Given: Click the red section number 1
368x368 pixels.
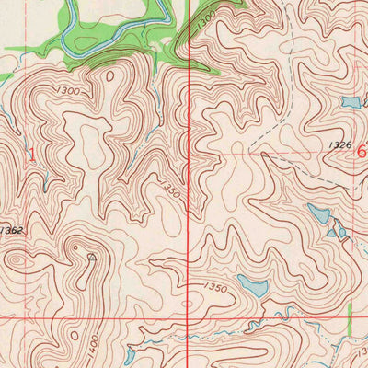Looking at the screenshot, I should (x=34, y=155).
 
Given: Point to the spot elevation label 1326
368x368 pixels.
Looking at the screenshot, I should (x=338, y=144).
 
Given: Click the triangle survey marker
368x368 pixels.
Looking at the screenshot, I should (x=91, y=258).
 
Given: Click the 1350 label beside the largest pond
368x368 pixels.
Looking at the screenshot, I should (x=214, y=288).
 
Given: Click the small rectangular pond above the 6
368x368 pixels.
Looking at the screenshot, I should (x=351, y=102).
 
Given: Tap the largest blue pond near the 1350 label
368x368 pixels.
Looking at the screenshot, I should (x=252, y=285).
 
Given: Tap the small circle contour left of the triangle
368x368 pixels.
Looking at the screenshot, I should (x=75, y=247).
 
